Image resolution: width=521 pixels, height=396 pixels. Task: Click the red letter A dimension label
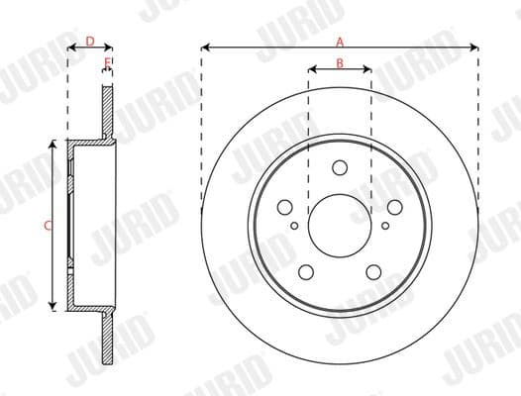(x=340, y=41)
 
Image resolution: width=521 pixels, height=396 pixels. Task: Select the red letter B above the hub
(x=340, y=63)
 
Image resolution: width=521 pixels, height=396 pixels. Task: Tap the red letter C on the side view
(x=47, y=226)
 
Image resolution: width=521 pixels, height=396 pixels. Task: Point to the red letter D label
(x=89, y=41)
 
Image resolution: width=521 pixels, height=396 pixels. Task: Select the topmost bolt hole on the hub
(x=340, y=167)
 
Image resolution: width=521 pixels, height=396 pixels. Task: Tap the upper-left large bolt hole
(x=285, y=207)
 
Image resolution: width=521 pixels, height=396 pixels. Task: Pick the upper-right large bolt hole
(x=394, y=207)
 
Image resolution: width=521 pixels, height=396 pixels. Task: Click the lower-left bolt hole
(x=306, y=271)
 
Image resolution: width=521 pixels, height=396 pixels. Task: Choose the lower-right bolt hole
(x=373, y=271)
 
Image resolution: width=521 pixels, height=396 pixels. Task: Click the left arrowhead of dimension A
(x=204, y=47)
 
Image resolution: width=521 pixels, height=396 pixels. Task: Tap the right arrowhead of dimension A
(x=475, y=47)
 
